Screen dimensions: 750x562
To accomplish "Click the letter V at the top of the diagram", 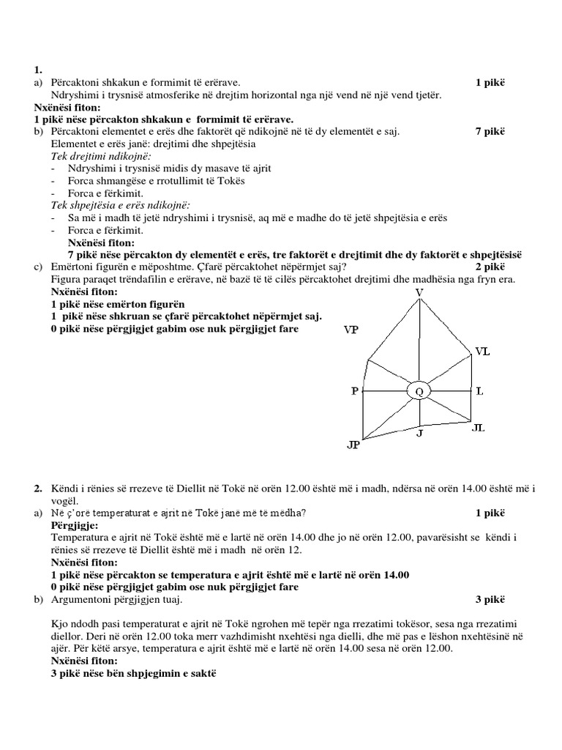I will pyautogui.click(x=419, y=293).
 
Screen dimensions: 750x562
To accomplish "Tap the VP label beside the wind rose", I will pyautogui.click(x=351, y=330).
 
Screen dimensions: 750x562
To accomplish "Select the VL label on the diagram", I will pyautogui.click(x=482, y=352).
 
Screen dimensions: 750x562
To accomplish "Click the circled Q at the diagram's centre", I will pyautogui.click(x=419, y=392).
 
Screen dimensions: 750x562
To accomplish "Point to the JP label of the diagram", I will pyautogui.click(x=353, y=445).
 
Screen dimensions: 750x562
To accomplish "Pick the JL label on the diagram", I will pyautogui.click(x=479, y=427).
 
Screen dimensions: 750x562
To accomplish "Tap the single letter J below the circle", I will pyautogui.click(x=419, y=433).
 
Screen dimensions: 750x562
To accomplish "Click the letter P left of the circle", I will pyautogui.click(x=354, y=391).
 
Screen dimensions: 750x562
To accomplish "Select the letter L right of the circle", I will pyautogui.click(x=479, y=391).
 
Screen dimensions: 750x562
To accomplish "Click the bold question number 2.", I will pyautogui.click(x=38, y=488).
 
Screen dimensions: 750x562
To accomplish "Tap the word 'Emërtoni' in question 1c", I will pyautogui.click(x=72, y=267).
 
